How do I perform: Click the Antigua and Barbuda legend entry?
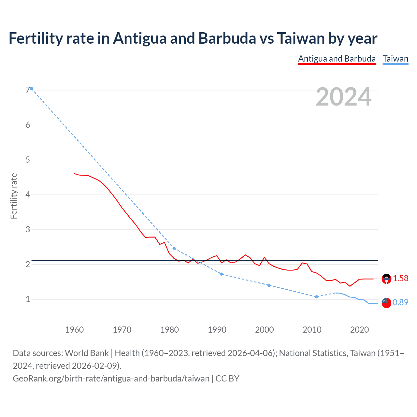pos(337,59)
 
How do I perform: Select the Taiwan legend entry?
pos(395,59)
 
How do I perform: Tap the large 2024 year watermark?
pos(344,97)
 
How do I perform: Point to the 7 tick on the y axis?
pos(28,90)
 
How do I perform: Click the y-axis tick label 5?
pos(28,160)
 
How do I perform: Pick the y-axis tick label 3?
pos(28,229)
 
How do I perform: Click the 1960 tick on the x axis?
pos(75,330)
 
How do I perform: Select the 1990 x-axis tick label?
pos(217,330)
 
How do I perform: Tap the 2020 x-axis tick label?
pos(359,330)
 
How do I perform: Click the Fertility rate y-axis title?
pos(14,196)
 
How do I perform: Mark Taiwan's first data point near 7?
pos(31,89)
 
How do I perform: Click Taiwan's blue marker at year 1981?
pos(174,248)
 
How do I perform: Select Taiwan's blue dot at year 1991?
pos(222,274)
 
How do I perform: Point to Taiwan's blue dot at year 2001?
pos(269,285)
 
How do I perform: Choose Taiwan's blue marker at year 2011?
pos(316,296)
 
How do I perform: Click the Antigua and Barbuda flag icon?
pos(386,279)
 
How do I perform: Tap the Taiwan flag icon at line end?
pos(386,303)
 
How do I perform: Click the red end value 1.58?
pos(400,278)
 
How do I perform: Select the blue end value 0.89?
pos(400,302)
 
